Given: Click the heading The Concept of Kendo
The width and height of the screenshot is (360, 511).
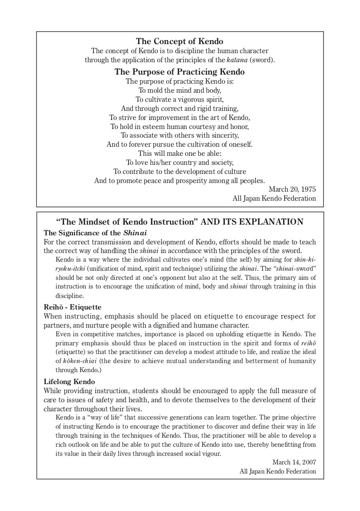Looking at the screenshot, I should tap(180, 41).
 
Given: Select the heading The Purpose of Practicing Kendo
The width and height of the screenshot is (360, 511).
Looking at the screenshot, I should tap(180, 72).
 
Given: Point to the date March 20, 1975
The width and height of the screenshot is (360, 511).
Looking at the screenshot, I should tap(292, 189).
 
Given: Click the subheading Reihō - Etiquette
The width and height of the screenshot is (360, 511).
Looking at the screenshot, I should tap(72, 307).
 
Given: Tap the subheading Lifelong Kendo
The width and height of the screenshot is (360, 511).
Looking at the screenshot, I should tap(69, 381).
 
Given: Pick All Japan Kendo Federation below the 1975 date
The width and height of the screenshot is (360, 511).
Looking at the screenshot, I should tap(274, 198).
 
